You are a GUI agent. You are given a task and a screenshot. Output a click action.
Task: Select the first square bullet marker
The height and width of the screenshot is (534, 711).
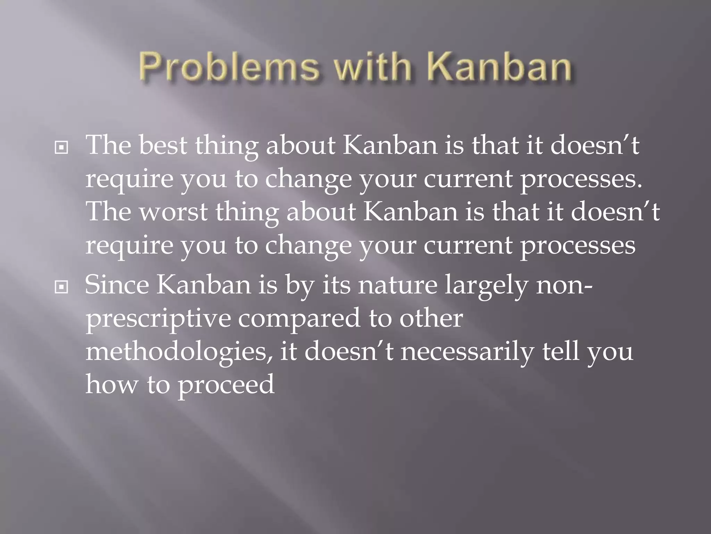(61, 148)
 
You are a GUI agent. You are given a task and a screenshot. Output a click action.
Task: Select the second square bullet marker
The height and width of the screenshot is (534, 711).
(61, 287)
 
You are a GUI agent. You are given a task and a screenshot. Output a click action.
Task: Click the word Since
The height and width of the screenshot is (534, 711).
(117, 285)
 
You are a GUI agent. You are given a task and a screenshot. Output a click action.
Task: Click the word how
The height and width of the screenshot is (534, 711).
(111, 385)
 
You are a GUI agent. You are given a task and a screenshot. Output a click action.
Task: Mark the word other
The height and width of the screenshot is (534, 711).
(430, 318)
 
